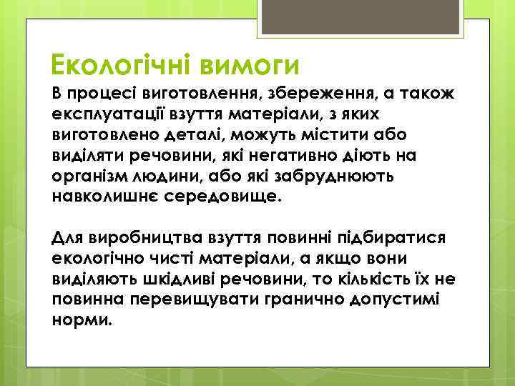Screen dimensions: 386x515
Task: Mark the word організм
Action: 87,176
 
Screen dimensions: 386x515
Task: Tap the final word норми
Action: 82,316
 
